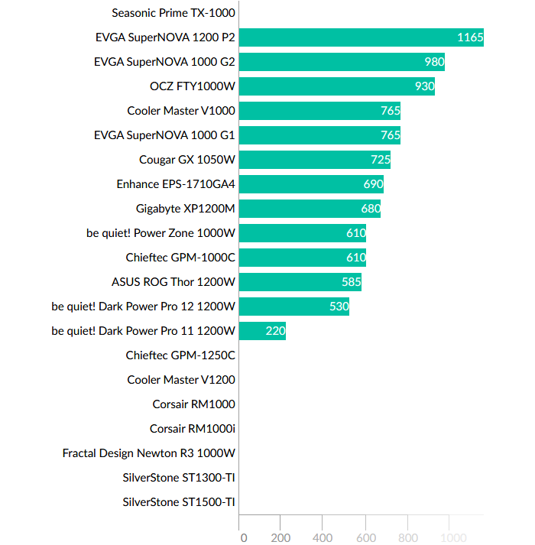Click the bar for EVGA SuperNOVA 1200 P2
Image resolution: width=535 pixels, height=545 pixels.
[361, 37]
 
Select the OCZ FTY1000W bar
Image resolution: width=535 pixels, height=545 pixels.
[336, 86]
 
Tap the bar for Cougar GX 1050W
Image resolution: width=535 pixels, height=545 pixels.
[314, 160]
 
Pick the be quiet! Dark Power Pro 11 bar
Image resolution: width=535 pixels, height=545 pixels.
[262, 331]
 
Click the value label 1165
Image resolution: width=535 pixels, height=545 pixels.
[469, 37]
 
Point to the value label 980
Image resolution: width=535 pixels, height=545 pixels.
[434, 62]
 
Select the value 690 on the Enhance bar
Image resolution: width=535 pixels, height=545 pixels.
[373, 184]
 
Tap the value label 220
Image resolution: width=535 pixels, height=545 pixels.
[275, 331]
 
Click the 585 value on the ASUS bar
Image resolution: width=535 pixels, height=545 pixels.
[352, 282]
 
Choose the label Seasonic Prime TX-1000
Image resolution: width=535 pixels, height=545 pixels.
[173, 13]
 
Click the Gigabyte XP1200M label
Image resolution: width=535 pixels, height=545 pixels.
[185, 209]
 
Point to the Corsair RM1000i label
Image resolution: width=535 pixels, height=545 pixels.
[192, 429]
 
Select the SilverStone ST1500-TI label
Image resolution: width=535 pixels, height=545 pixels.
[178, 502]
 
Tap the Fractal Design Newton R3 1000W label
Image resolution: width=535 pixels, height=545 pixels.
[148, 453]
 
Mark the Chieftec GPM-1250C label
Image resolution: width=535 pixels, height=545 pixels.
[180, 355]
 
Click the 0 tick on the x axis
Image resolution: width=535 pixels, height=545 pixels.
[243, 537]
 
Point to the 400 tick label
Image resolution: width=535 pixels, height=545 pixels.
[323, 537]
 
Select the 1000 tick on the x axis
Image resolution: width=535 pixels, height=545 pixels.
[450, 537]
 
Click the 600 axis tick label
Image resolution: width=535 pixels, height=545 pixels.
[365, 537]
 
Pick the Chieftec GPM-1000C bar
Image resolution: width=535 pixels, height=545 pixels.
[302, 258]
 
